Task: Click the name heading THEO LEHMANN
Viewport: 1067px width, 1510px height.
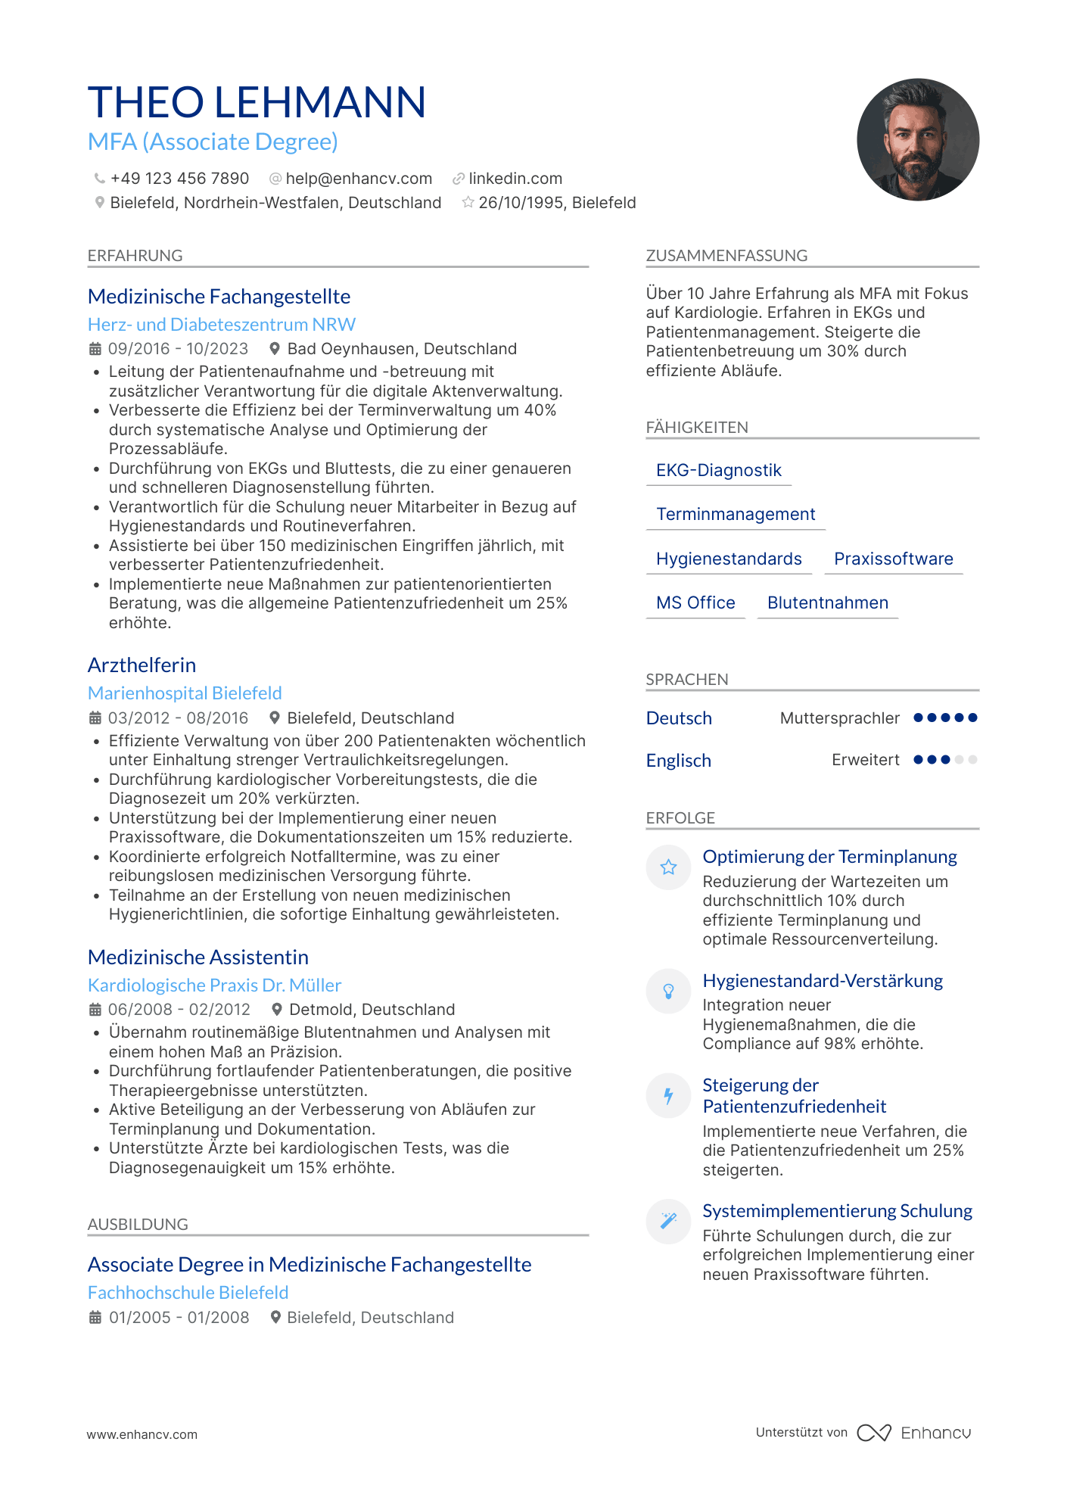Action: (257, 102)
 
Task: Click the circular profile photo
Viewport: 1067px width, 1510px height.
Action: (917, 140)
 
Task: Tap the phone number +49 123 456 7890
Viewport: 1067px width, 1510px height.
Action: (179, 179)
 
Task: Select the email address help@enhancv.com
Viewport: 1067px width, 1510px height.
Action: (359, 179)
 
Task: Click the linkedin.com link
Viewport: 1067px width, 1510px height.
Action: (515, 179)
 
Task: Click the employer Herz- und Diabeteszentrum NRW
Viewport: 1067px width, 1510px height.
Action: (222, 325)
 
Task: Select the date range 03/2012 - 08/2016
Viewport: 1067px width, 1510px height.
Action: (178, 718)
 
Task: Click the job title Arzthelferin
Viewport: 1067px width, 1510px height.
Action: (142, 665)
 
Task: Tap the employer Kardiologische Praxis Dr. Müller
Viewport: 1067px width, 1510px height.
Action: (215, 985)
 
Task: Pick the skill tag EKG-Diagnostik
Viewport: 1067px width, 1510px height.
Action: (718, 471)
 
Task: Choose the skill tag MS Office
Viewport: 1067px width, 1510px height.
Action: (695, 603)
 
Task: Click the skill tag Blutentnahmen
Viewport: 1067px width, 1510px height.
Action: (827, 603)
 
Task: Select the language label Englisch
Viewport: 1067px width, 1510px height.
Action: (679, 761)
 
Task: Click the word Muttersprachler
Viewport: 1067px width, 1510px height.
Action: (839, 718)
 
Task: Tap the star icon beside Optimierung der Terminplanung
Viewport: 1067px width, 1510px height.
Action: (668, 867)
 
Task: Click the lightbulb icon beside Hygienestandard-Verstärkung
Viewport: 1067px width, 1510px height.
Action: (668, 992)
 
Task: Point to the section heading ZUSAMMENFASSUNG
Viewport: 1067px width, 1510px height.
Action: (726, 256)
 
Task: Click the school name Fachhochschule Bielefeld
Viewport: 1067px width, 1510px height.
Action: (188, 1293)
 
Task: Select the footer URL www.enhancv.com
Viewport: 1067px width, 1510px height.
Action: (142, 1434)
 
